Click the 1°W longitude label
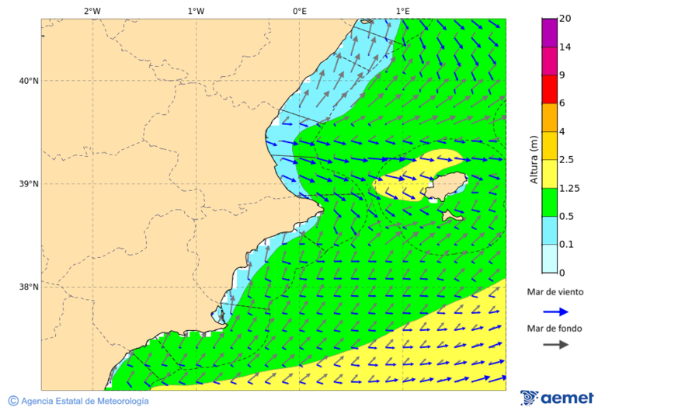[x=196, y=11]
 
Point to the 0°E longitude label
[x=299, y=11]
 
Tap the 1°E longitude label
[x=402, y=11]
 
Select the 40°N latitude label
[x=28, y=81]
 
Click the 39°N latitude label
[x=28, y=184]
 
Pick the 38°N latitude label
[x=28, y=287]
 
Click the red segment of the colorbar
[x=549, y=89]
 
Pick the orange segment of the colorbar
[x=549, y=117]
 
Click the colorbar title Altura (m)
[x=534, y=159]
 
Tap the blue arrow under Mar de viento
[x=555, y=311]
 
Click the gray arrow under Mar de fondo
[x=555, y=345]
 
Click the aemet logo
[x=557, y=398]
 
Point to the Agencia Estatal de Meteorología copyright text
[x=78, y=401]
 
